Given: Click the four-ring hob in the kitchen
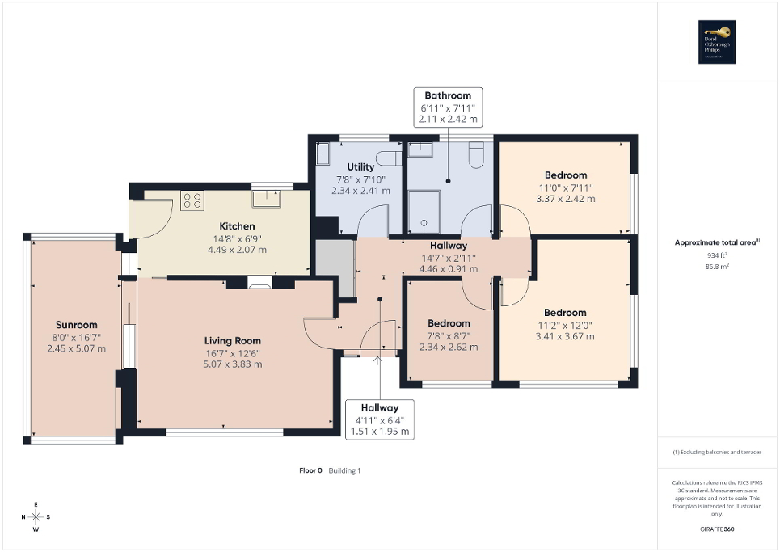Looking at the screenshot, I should click(x=192, y=200).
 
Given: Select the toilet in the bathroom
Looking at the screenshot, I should click(x=477, y=154).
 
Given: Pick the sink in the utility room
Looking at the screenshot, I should click(x=323, y=154).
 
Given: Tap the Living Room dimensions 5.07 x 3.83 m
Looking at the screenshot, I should click(x=232, y=364).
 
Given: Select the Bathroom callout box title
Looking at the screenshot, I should click(x=448, y=95).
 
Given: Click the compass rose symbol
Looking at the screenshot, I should click(x=36, y=516).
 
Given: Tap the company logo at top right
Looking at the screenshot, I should click(x=718, y=41).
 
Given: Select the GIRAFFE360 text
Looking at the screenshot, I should click(x=718, y=529).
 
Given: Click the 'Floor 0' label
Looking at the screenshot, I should click(x=310, y=470).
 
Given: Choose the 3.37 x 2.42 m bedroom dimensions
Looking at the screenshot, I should click(x=565, y=199).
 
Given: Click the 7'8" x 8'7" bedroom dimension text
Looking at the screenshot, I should click(x=449, y=335).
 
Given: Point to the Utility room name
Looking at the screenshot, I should click(x=360, y=167).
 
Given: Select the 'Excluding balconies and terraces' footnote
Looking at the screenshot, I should click(x=718, y=452).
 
